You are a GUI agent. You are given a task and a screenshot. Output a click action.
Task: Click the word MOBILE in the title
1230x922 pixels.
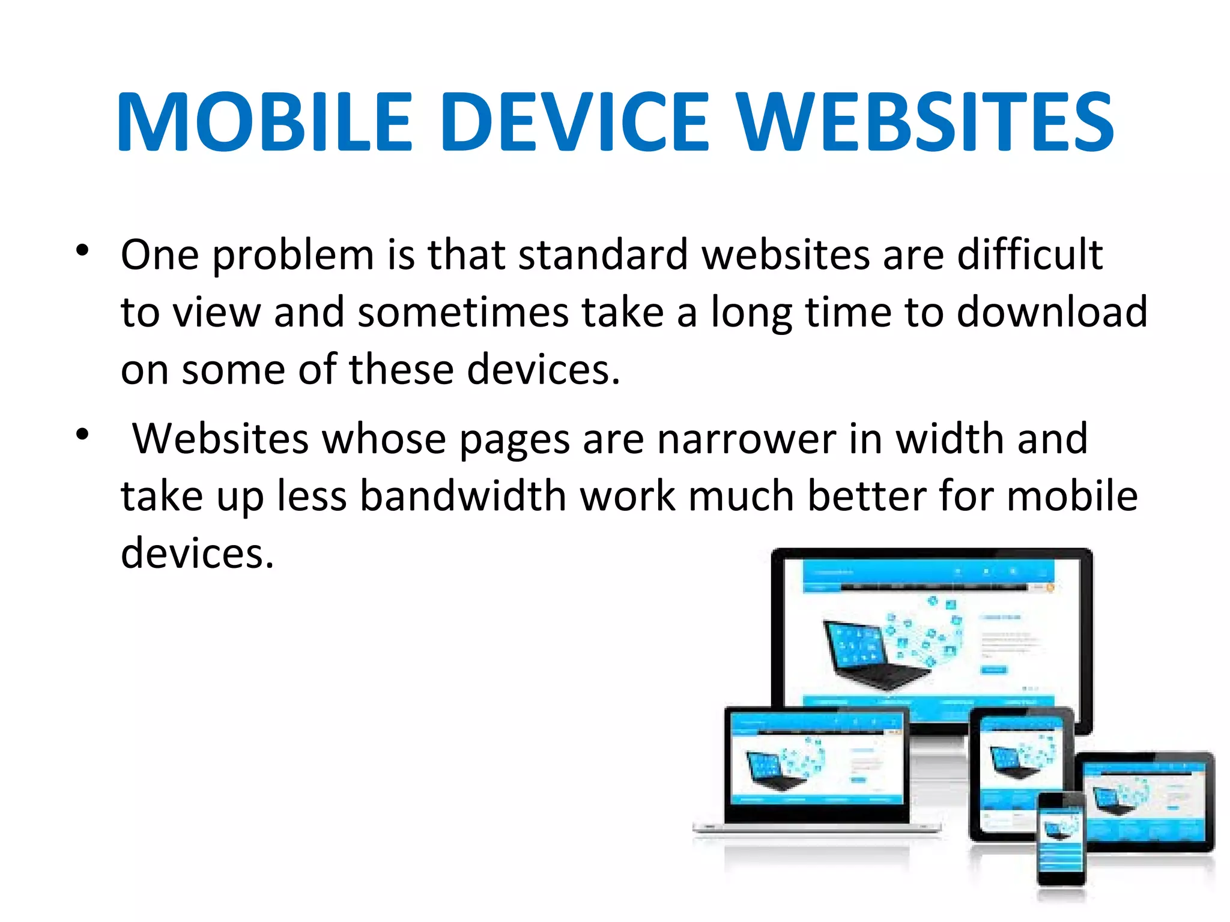265,122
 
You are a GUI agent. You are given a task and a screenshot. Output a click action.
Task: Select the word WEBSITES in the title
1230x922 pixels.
925,122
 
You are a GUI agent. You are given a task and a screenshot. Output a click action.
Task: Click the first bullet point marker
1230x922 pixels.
83,250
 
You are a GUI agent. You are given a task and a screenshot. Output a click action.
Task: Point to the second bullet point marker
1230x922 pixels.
83,434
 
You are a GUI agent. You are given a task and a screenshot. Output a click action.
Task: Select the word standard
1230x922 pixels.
603,255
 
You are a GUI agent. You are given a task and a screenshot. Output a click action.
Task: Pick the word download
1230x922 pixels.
1052,312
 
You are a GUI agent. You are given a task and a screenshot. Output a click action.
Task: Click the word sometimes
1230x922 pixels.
463,312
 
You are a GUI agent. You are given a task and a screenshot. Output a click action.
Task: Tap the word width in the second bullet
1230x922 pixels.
950,439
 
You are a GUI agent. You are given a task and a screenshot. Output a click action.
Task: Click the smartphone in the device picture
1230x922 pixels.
1061,838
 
